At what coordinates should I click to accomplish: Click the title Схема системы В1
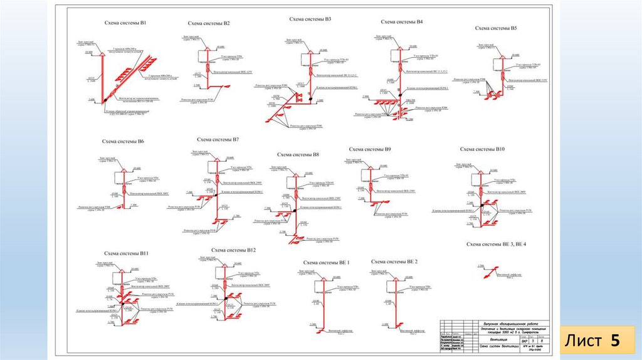[125, 23]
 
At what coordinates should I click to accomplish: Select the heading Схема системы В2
[209, 24]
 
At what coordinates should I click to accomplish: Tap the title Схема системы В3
[310, 19]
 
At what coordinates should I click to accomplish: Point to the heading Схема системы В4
[402, 22]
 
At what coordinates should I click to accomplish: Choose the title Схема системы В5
[496, 28]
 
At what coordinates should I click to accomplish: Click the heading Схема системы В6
[123, 142]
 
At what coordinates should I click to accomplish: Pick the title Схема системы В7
[218, 139]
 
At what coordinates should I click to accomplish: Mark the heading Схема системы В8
[298, 154]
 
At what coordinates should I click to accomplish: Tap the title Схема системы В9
[370, 149]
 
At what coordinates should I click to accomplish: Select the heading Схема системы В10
[482, 149]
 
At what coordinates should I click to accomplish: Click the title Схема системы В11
[126, 253]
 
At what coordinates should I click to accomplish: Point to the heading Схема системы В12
[233, 250]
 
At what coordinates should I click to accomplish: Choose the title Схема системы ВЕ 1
[326, 263]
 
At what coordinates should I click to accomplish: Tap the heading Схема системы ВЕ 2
[394, 261]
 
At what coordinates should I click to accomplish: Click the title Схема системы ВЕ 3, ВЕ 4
[497, 244]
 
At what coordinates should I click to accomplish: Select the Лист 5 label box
[592, 341]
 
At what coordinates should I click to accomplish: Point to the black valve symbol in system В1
[105, 99]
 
